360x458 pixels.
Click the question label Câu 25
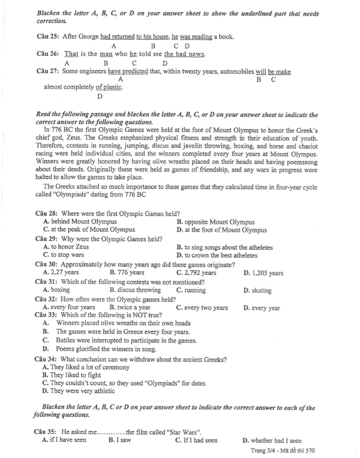49,37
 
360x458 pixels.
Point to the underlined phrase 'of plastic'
109,86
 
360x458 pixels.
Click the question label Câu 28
49,214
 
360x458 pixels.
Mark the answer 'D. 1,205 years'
263,273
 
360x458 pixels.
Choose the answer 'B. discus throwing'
139,290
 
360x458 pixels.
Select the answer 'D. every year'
262,308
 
